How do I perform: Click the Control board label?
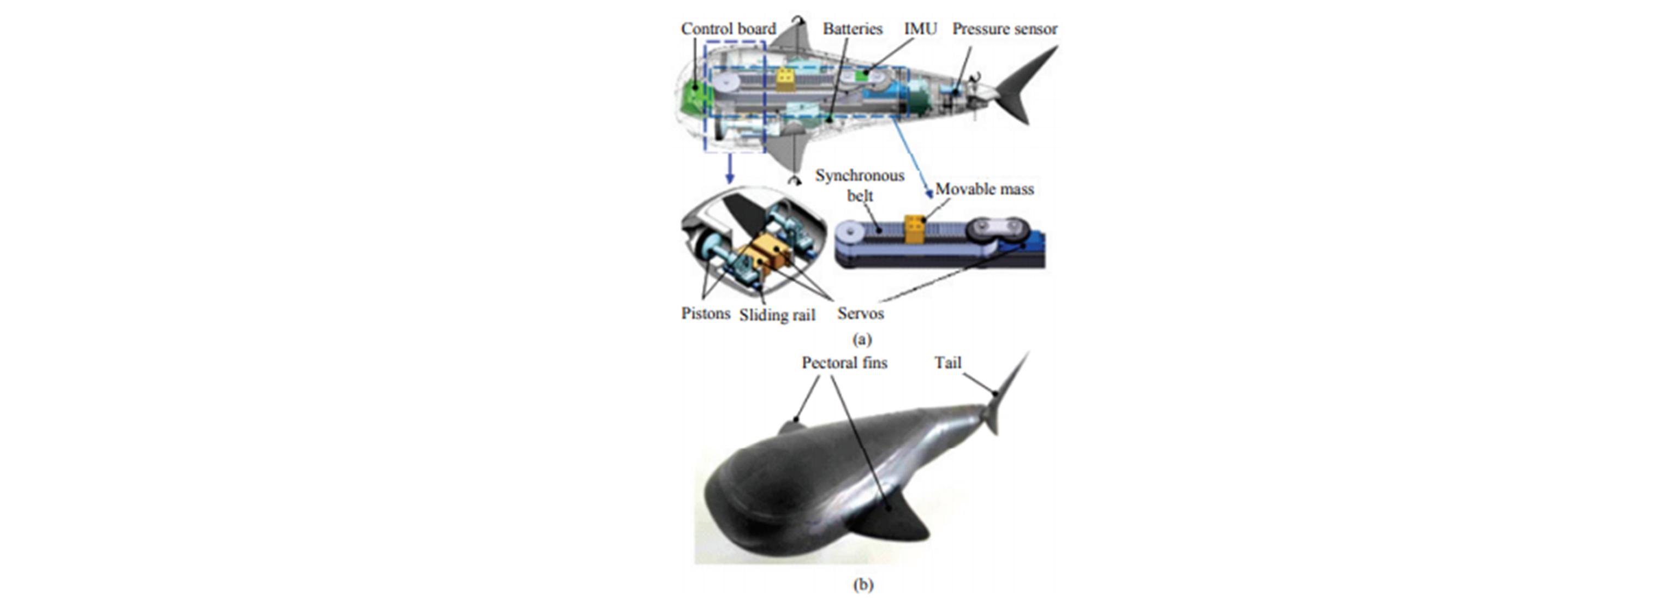pyautogui.click(x=728, y=29)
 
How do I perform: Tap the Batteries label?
pyautogui.click(x=852, y=29)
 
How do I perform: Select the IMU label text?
pyautogui.click(x=920, y=29)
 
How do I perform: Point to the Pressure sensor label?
pyautogui.click(x=1005, y=29)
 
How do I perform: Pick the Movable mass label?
pyautogui.click(x=984, y=189)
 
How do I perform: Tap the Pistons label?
pyautogui.click(x=706, y=314)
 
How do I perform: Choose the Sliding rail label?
pyautogui.click(x=777, y=315)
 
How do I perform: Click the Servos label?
pyautogui.click(x=860, y=314)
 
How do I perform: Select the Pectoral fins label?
pyautogui.click(x=844, y=363)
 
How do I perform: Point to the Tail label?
pyautogui.click(x=947, y=363)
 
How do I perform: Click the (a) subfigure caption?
pyautogui.click(x=862, y=339)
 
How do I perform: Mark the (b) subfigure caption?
pyautogui.click(x=862, y=585)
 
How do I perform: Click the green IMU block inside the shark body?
pyautogui.click(x=862, y=76)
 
